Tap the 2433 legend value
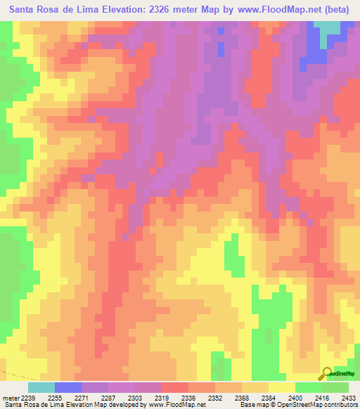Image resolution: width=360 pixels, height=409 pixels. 347,398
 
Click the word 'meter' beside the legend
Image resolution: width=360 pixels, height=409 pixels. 11,398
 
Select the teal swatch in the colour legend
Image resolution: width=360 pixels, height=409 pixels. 41,387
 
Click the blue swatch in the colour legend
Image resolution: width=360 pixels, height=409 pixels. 68,387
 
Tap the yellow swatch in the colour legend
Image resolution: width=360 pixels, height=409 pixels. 281,387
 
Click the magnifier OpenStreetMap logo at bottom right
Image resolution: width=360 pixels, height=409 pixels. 327,372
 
